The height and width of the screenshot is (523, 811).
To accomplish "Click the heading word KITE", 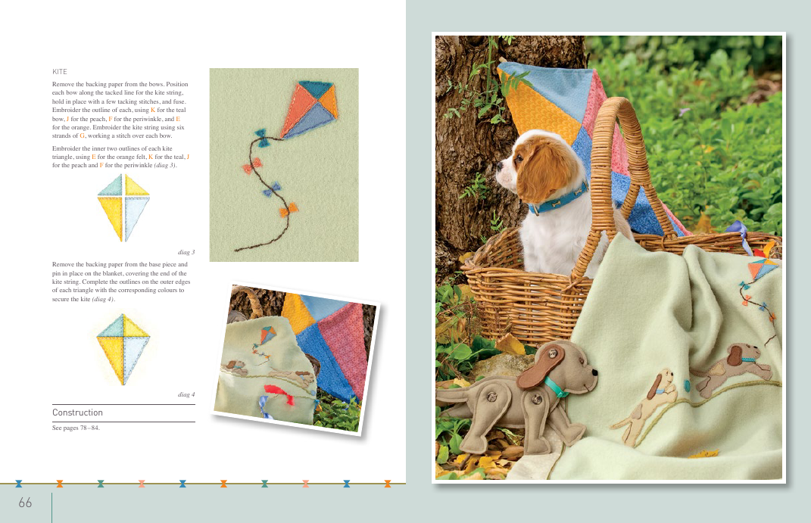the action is pyautogui.click(x=60, y=72).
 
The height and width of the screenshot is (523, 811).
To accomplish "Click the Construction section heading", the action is pyautogui.click(x=77, y=412).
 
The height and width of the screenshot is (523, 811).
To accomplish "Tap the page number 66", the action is pyautogui.click(x=25, y=503).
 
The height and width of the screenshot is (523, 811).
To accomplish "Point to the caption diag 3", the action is pyautogui.click(x=186, y=252).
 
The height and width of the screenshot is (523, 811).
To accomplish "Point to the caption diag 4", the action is pyautogui.click(x=186, y=394).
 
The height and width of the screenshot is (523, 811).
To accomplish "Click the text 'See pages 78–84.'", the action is pyautogui.click(x=76, y=428).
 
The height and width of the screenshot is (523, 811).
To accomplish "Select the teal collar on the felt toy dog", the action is pyautogui.click(x=556, y=387).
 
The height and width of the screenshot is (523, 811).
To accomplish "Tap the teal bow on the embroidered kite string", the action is pyautogui.click(x=262, y=138).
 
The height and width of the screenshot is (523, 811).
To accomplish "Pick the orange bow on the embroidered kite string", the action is pyautogui.click(x=289, y=210).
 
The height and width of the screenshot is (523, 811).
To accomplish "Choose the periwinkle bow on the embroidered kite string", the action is pyautogui.click(x=272, y=190).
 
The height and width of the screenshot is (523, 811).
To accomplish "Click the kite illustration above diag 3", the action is pyautogui.click(x=123, y=207).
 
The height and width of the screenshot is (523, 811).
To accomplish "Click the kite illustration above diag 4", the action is pyautogui.click(x=123, y=349).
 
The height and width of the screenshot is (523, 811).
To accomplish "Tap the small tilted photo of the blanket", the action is pyautogui.click(x=296, y=358).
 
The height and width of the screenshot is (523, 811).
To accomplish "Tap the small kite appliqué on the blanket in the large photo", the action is pyautogui.click(x=763, y=269).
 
